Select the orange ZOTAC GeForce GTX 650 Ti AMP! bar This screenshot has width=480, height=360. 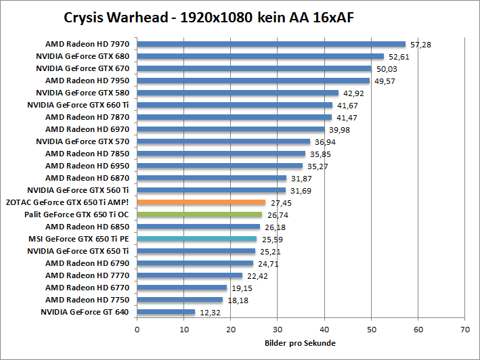[201, 202]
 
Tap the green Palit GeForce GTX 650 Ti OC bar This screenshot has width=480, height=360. [200, 215]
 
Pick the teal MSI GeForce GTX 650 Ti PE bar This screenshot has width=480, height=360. [197, 239]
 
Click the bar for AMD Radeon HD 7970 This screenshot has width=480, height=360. [271, 44]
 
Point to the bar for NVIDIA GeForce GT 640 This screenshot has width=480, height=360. [166, 312]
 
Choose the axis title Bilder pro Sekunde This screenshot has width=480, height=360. [300, 343]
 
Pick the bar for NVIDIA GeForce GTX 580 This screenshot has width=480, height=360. [238, 93]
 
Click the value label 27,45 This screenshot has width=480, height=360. [281, 202]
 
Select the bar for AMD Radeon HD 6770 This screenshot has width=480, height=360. [182, 288]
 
